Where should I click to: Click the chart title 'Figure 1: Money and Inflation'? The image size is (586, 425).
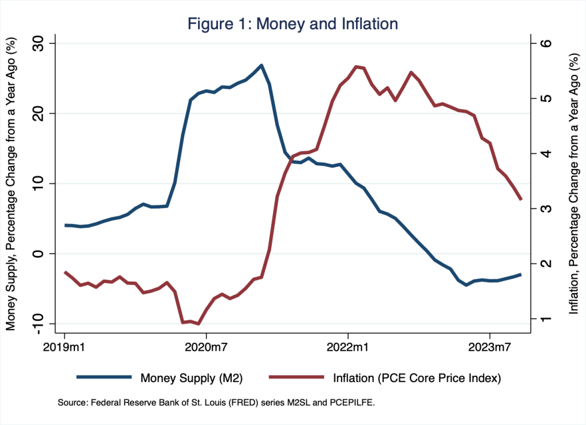click(x=293, y=23)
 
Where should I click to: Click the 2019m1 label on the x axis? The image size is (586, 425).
click(x=64, y=348)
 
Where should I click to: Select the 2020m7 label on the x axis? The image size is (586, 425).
click(x=206, y=348)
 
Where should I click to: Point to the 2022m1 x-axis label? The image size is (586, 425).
click(x=348, y=348)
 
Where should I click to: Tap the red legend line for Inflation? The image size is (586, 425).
click(x=290, y=377)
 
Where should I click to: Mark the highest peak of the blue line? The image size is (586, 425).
click(x=261, y=65)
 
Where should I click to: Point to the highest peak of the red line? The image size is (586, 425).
click(x=356, y=67)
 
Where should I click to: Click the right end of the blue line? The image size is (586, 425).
click(x=521, y=274)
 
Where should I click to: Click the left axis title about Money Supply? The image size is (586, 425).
click(x=11, y=184)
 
